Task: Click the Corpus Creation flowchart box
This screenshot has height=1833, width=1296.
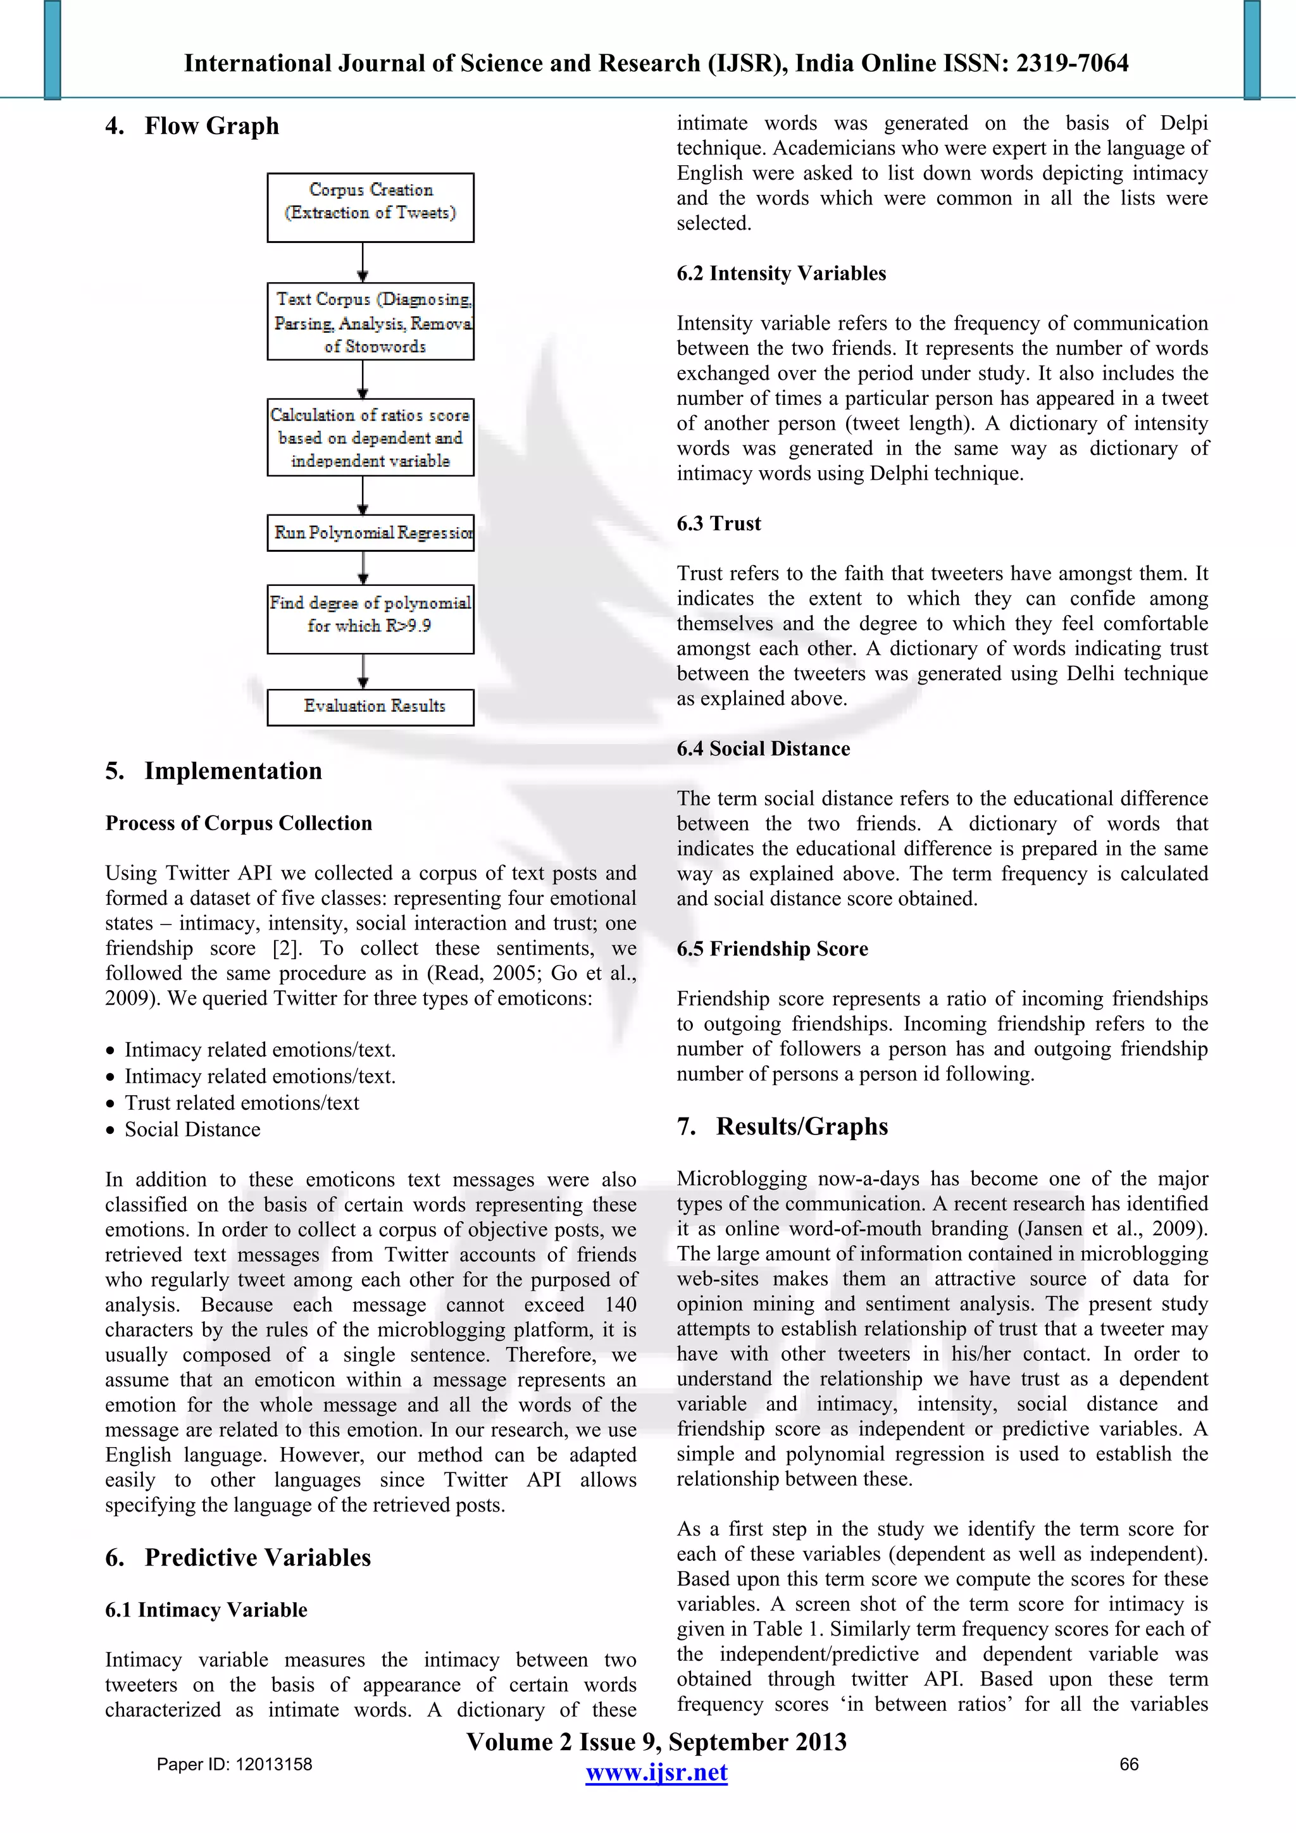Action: pos(371,208)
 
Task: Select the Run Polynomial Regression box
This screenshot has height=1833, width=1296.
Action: pos(371,533)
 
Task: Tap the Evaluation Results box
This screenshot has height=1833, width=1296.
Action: pos(371,707)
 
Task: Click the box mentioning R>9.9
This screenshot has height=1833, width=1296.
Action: pos(371,619)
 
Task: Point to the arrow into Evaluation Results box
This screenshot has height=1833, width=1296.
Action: pos(363,672)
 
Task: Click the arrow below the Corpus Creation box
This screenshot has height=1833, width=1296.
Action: pos(363,263)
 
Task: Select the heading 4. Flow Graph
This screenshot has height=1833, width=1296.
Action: pos(192,126)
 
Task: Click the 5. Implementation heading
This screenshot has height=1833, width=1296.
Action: pos(214,771)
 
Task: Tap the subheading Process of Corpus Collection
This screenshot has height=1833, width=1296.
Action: pos(239,823)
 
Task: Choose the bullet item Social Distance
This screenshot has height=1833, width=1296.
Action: pos(192,1129)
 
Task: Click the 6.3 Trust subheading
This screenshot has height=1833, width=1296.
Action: pos(719,524)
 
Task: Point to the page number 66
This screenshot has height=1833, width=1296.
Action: pos(1129,1764)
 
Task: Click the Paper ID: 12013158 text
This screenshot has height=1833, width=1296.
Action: pos(234,1764)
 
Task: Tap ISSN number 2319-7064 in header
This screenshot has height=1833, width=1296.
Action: pos(1071,63)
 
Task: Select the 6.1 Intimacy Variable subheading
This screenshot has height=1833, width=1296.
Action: pos(206,1610)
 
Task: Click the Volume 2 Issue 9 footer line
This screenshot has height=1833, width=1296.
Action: pos(656,1742)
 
